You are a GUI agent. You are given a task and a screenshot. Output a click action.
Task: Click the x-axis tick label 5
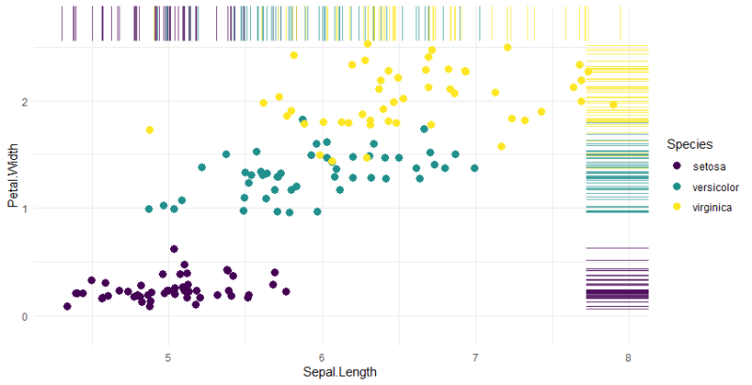pos(168,358)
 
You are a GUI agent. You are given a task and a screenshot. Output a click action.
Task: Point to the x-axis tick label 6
pos(321,358)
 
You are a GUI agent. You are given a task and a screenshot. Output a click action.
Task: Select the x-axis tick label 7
pos(476,358)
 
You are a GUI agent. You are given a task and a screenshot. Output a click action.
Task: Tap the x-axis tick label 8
pos(629,358)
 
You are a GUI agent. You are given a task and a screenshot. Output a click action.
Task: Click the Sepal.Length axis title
pos(340,373)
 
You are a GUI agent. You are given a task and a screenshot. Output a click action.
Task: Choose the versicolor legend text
pos(715,186)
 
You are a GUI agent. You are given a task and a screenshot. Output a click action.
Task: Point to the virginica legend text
pos(712,207)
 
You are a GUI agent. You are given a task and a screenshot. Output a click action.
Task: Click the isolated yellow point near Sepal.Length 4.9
pos(149,130)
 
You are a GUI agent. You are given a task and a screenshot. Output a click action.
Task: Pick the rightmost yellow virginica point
pos(613,104)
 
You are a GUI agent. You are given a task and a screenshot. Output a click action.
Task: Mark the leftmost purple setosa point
pos(67,306)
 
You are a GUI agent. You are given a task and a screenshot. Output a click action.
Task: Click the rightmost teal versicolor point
pos(475,168)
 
